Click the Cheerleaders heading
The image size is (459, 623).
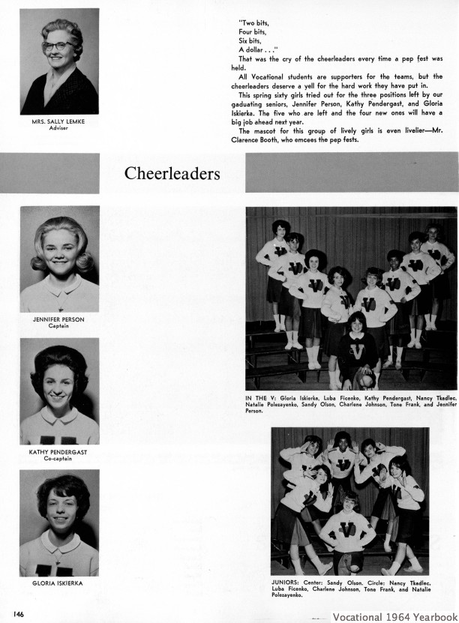click(x=172, y=174)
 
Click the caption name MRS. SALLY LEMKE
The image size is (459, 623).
click(x=59, y=122)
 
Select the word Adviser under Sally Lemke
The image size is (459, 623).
click(x=58, y=128)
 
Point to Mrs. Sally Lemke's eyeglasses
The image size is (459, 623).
click(x=58, y=46)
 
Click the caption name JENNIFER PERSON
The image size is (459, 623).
click(x=59, y=319)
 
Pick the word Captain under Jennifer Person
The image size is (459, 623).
click(x=59, y=325)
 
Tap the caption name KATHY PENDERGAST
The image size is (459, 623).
click(x=59, y=452)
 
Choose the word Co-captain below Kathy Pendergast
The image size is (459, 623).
click(x=59, y=458)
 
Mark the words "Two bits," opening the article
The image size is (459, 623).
click(x=254, y=22)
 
